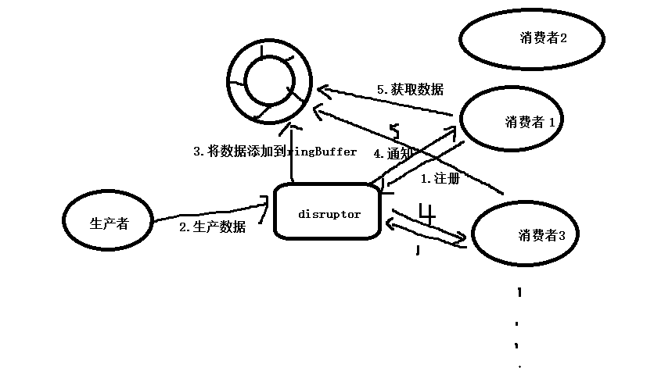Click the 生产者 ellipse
(x=109, y=223)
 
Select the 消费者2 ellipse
(x=532, y=38)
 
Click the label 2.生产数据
(x=212, y=227)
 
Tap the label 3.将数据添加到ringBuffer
(x=275, y=152)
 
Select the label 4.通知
(x=393, y=154)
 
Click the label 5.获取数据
(x=410, y=90)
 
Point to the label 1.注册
(x=440, y=179)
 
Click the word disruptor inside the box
(x=329, y=214)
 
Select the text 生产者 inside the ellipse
(x=109, y=223)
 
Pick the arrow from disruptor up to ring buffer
(x=291, y=156)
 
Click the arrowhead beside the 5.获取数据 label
(x=322, y=91)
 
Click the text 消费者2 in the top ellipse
(x=543, y=37)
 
